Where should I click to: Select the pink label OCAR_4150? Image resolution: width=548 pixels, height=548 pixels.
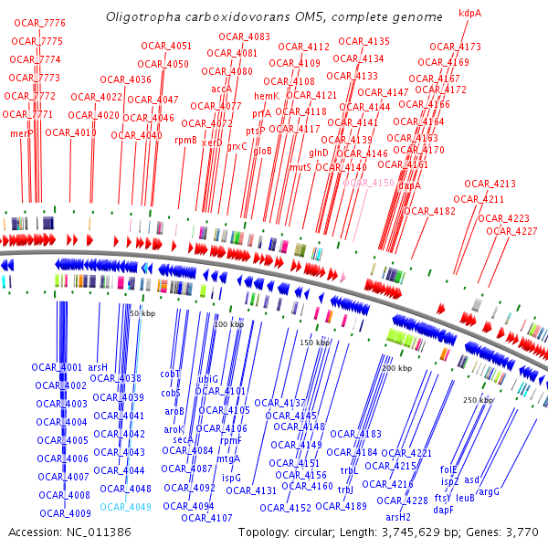(369, 183)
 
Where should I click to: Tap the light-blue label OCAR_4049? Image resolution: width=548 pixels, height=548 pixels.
(125, 507)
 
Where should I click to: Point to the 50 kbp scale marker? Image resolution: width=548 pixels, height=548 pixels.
(142, 313)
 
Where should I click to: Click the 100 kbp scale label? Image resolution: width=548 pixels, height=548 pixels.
(228, 324)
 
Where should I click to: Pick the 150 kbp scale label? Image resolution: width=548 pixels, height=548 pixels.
(315, 342)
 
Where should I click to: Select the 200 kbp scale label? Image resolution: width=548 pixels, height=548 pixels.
(396, 368)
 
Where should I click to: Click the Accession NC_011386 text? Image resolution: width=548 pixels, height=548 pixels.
(68, 532)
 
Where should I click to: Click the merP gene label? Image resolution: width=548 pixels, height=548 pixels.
(22, 133)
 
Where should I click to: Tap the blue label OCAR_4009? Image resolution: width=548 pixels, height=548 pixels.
(64, 513)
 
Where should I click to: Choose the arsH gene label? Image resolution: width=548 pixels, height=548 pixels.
(97, 367)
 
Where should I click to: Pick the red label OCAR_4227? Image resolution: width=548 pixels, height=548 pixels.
(511, 231)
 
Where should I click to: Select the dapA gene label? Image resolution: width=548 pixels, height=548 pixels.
(409, 185)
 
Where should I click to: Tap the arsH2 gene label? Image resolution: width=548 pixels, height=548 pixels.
(398, 517)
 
